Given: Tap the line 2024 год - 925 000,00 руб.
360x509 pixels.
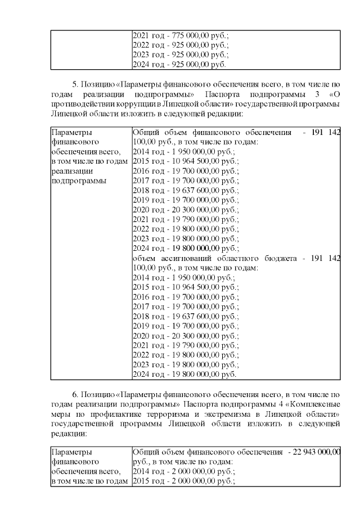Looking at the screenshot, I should (180, 65).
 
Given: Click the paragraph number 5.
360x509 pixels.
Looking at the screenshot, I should (76, 84).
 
